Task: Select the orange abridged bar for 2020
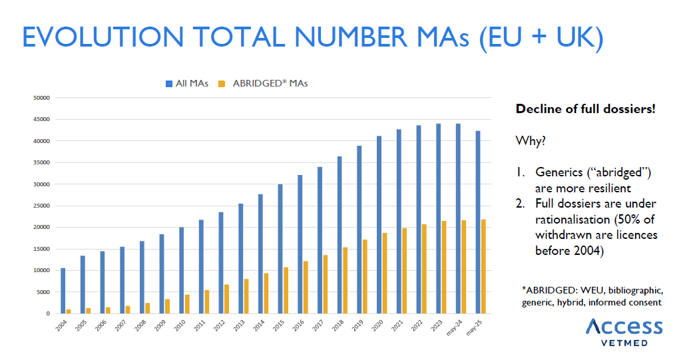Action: coord(384,273)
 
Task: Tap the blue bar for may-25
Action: coord(477,222)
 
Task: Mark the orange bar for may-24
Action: coord(463,267)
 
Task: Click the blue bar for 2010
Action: coord(181,270)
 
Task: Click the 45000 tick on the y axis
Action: coord(42,119)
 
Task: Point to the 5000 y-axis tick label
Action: coord(43,291)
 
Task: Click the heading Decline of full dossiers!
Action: coord(586,108)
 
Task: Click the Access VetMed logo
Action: coord(624,331)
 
